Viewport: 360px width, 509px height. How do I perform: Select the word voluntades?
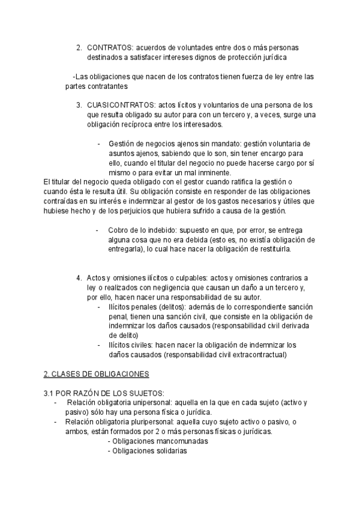coord(179,47)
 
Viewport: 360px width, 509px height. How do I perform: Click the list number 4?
coord(79,277)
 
